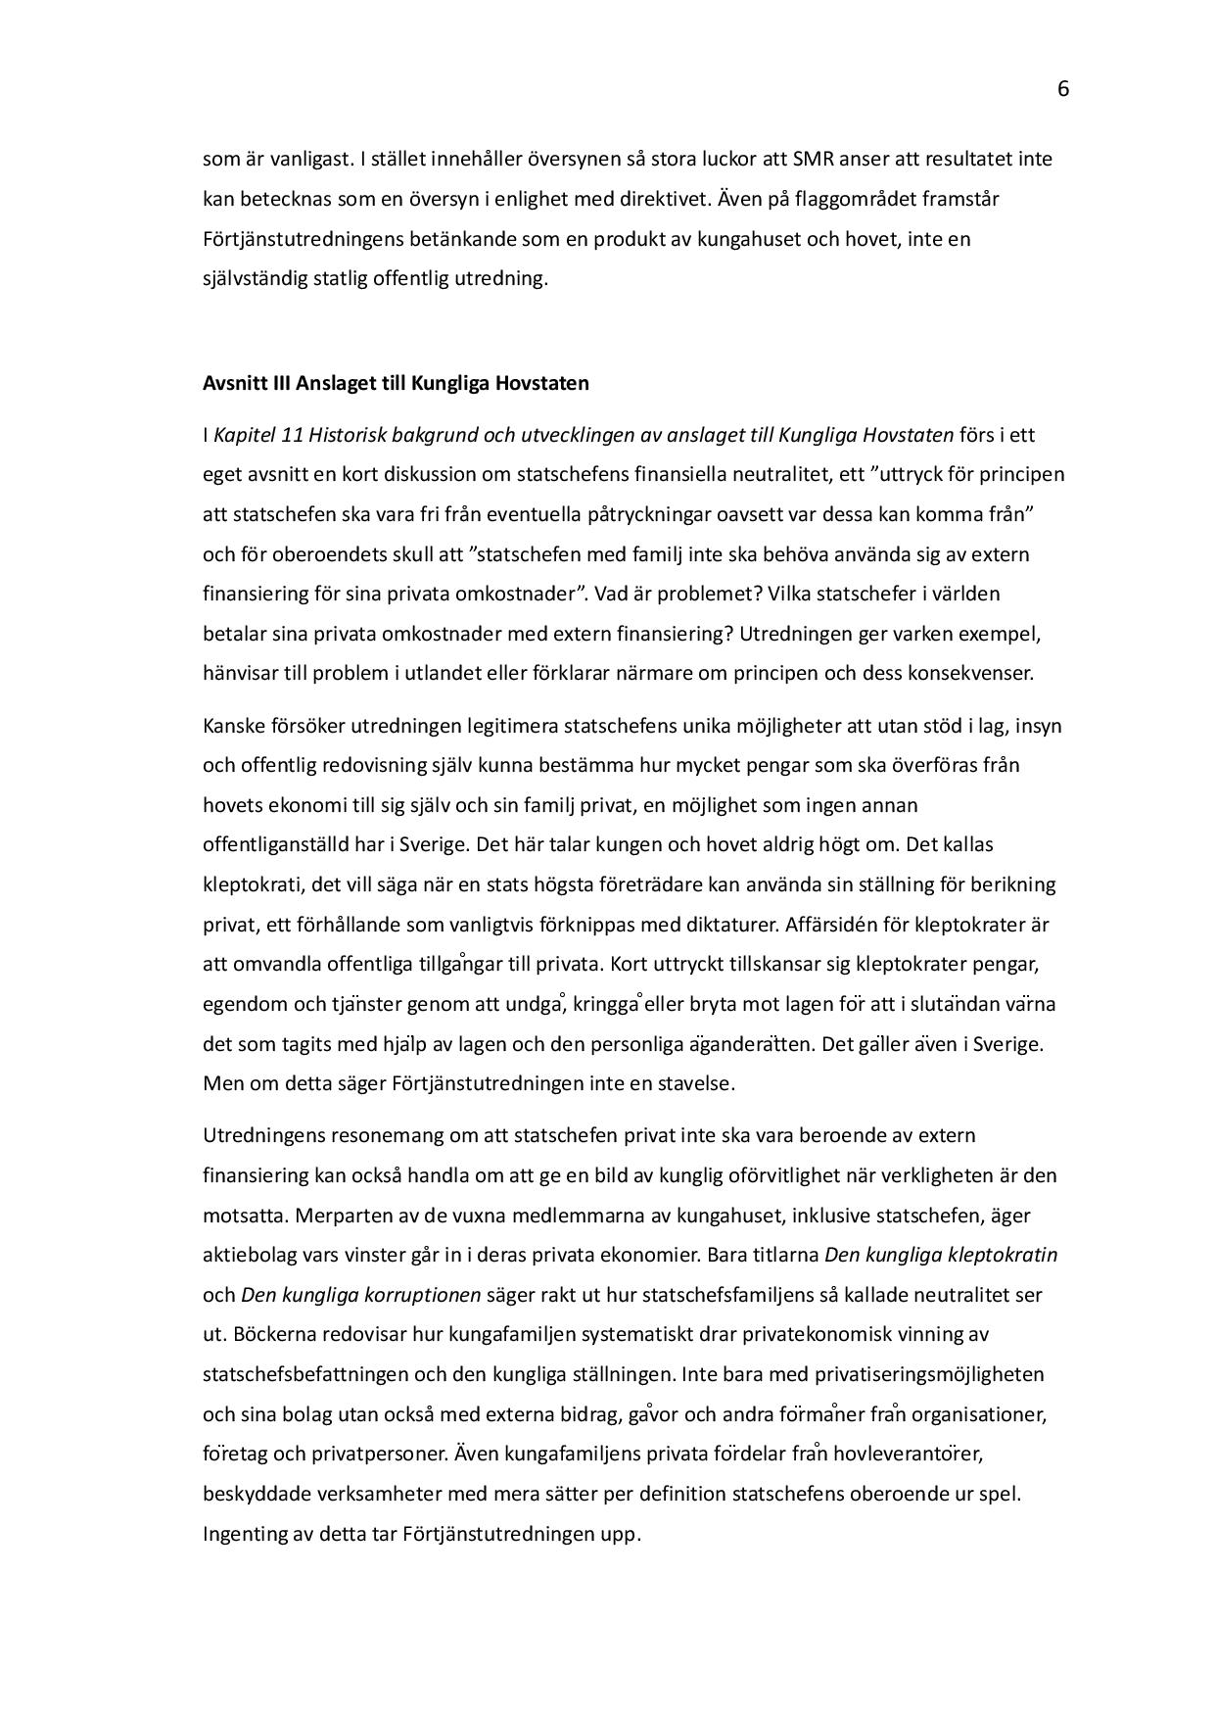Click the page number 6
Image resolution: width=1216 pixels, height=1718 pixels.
(1063, 90)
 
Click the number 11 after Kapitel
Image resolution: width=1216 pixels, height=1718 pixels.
(291, 435)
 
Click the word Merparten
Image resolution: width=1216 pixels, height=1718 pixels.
(338, 1216)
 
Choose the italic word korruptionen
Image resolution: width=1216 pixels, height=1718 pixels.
(423, 1295)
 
